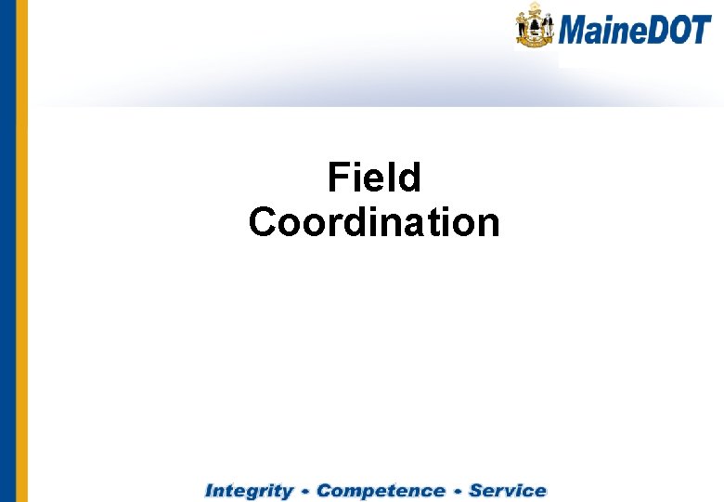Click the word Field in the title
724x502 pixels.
point(374,178)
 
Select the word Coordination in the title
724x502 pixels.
point(374,223)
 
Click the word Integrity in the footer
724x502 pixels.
point(248,490)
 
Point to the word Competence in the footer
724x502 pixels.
point(381,490)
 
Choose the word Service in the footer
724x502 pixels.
point(508,490)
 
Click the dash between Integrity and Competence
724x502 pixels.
point(304,491)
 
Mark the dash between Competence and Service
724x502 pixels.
point(458,491)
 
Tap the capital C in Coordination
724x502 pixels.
point(264,223)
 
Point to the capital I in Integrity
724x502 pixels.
point(211,490)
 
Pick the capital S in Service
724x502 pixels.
point(477,490)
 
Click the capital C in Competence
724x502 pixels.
point(326,490)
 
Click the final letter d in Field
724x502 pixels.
point(409,178)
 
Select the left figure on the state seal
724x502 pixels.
point(523,28)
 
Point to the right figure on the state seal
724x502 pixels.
point(548,28)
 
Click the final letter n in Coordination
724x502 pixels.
point(488,223)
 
